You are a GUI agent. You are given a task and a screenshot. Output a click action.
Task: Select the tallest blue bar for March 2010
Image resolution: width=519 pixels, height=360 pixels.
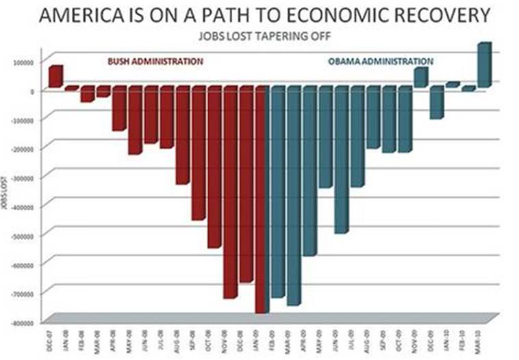[484, 65]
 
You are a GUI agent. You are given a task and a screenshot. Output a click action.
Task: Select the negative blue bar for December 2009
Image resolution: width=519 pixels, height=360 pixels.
[436, 103]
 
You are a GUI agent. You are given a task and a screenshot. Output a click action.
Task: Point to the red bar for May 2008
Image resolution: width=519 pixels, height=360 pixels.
[135, 121]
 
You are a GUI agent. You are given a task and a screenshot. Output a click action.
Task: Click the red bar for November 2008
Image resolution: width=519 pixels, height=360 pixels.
[230, 192]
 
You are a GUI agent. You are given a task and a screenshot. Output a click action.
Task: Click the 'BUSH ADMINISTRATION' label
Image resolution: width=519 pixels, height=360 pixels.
[155, 62]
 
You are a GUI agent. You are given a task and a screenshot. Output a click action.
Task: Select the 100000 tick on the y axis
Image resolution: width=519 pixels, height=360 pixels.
[23, 62]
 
